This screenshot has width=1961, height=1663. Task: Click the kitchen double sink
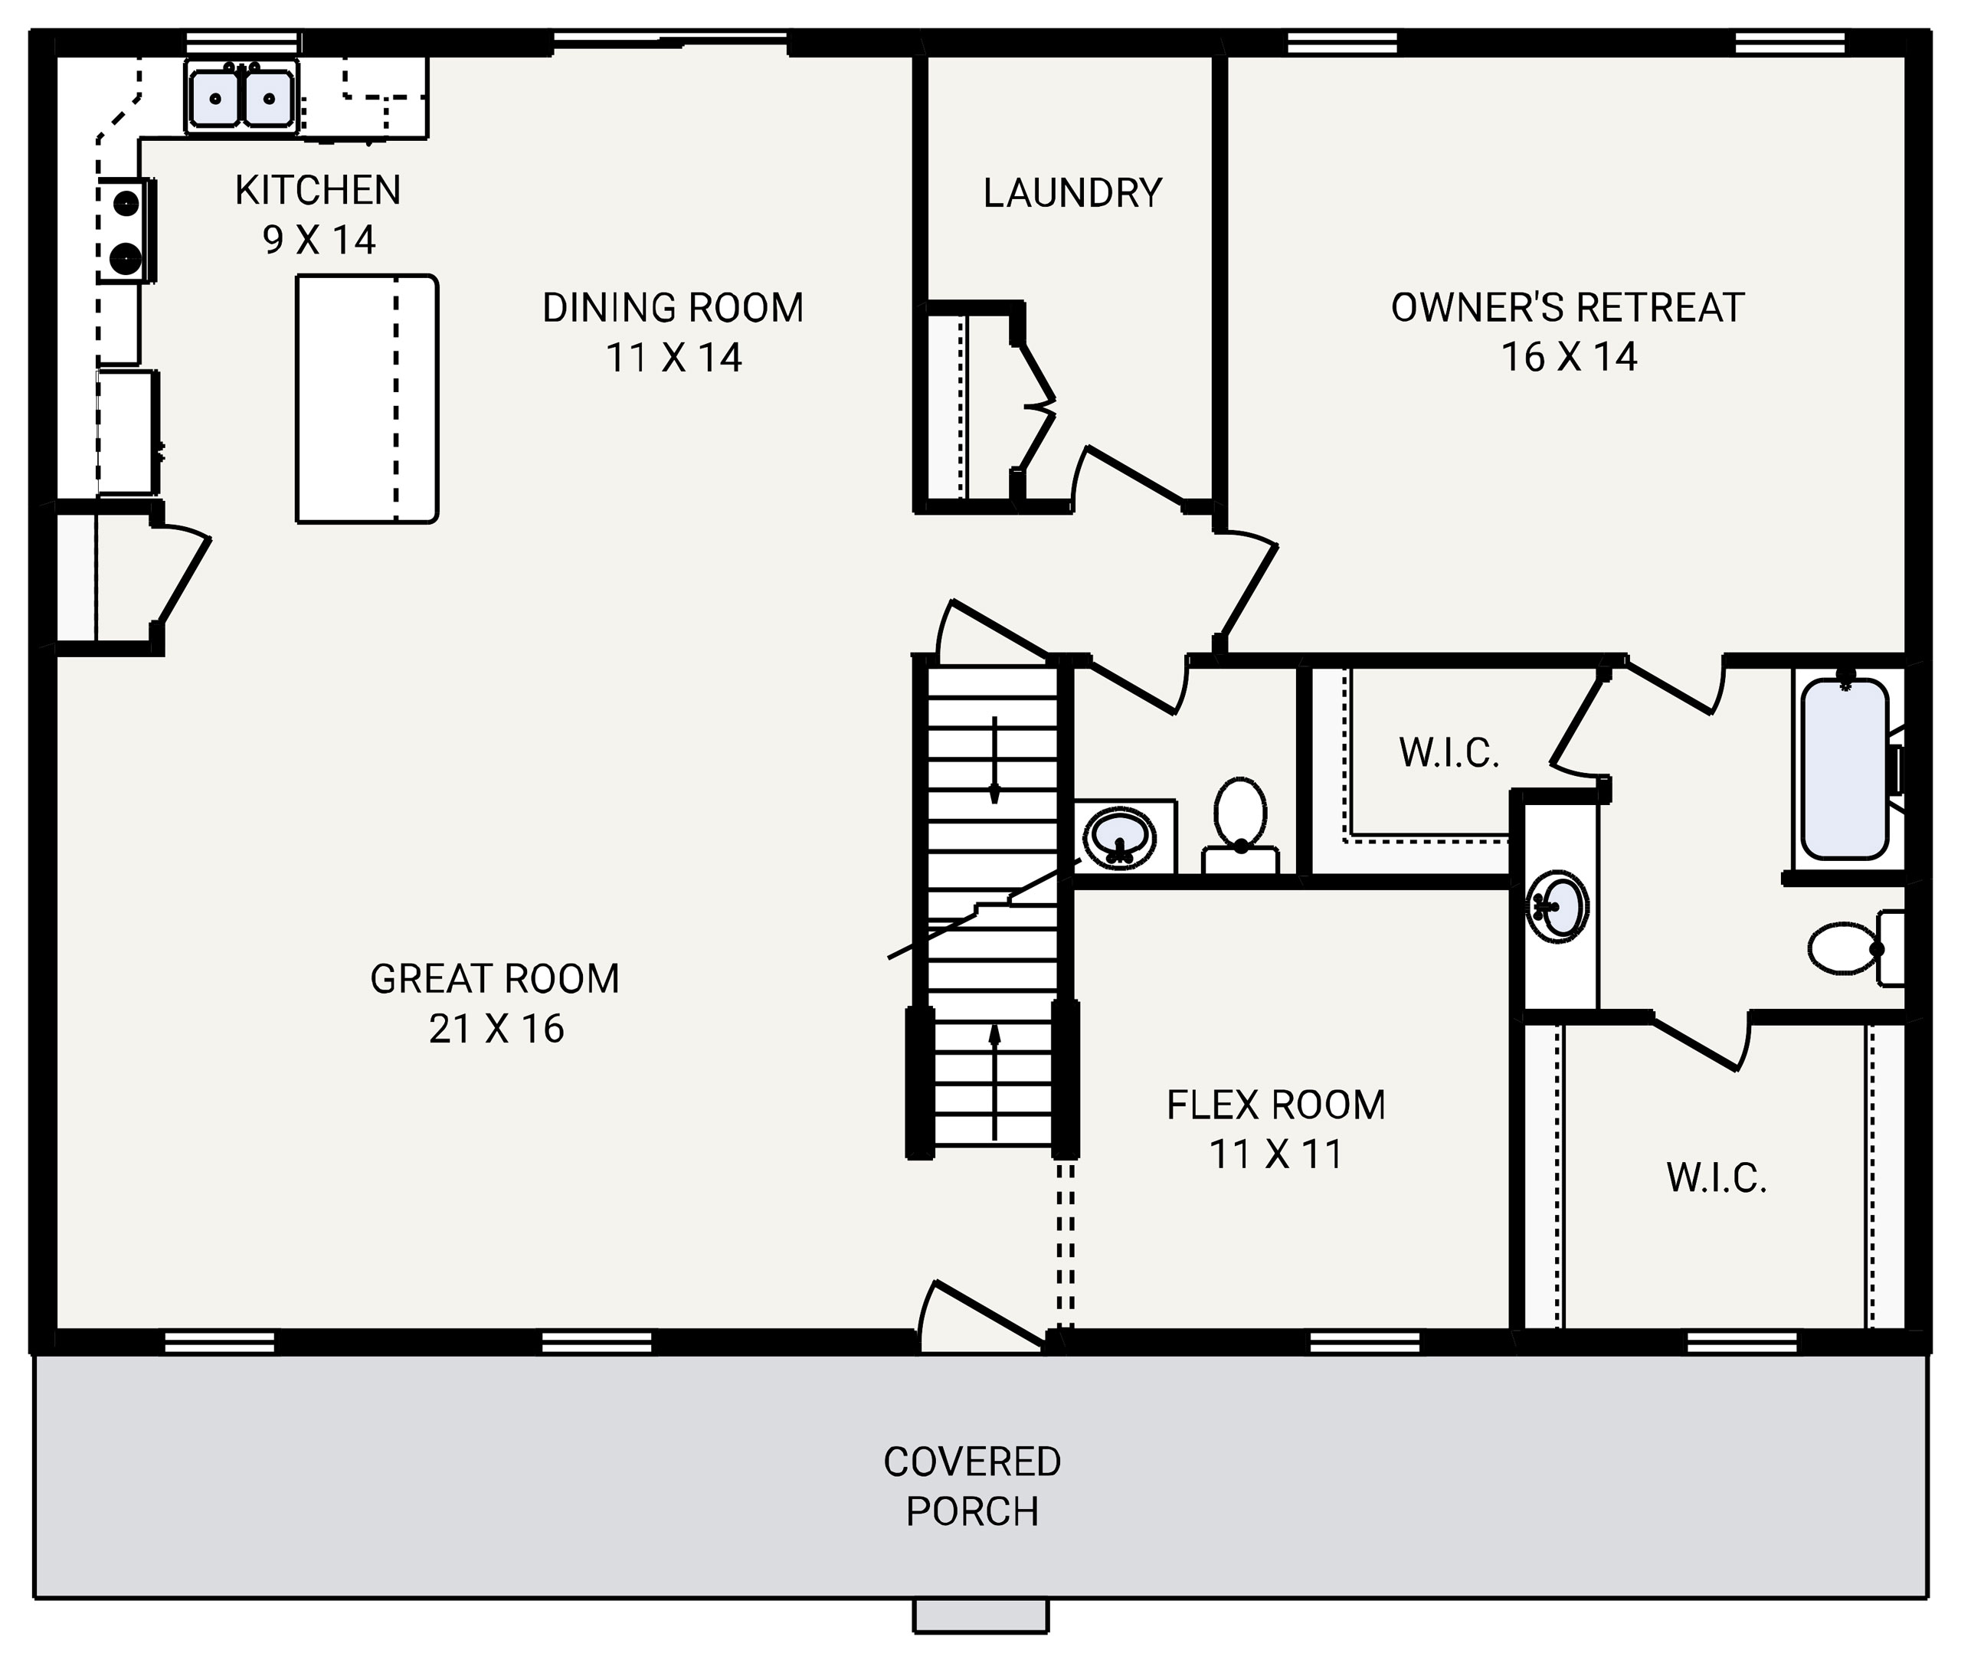click(x=241, y=98)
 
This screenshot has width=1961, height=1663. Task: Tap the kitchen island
click(x=367, y=399)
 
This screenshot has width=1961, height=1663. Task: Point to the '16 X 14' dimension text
click(x=1569, y=357)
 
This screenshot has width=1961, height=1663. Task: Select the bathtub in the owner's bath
click(x=1844, y=769)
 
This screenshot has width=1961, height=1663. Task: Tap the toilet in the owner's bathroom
click(x=1846, y=948)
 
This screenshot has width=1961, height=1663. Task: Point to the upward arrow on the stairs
click(x=994, y=1082)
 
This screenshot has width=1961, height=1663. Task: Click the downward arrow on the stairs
click(x=994, y=760)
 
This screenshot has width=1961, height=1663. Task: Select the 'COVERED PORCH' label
click(x=972, y=1487)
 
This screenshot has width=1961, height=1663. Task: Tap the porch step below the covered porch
click(x=980, y=1615)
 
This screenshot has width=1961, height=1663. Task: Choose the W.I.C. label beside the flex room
click(x=1716, y=1178)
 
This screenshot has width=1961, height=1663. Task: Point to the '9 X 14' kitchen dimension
click(x=319, y=241)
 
